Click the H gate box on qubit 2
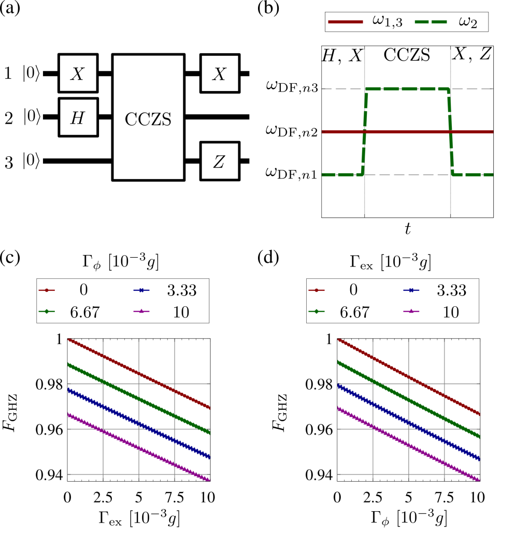pos(78,117)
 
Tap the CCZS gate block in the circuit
pos(149,117)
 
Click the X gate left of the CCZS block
pos(78,73)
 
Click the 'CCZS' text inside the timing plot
pos(407,54)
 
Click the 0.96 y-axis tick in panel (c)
pos(53,429)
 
